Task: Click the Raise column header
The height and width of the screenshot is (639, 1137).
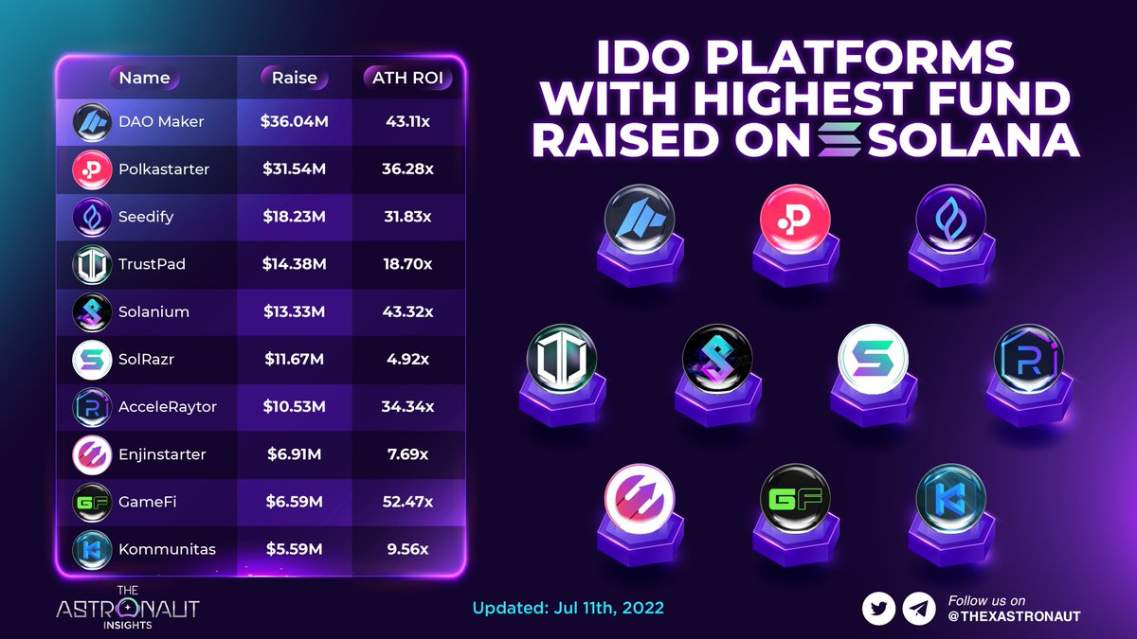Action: pos(294,78)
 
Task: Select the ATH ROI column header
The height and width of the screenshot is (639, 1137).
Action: pos(406,78)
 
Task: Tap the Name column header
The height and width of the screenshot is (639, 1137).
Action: pos(144,78)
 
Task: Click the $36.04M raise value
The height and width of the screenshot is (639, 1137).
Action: pos(294,122)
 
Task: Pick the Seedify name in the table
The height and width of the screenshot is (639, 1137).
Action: pos(146,217)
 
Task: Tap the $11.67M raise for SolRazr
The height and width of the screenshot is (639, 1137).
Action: pos(294,359)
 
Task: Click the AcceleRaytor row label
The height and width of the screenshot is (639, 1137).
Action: pos(168,406)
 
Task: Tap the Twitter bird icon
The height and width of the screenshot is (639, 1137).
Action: pos(879,609)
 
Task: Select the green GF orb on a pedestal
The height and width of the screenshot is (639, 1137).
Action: pos(795,499)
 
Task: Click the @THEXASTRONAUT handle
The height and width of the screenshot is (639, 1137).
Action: pos(1014,616)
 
